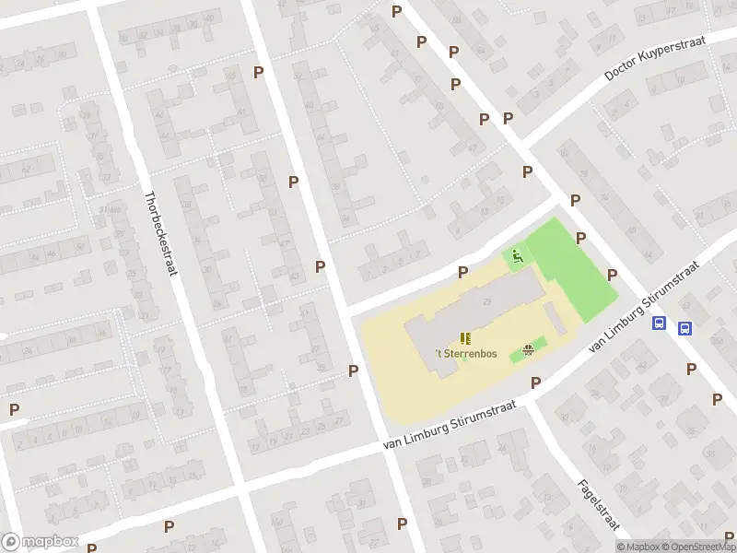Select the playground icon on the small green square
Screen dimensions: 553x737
coord(518,255)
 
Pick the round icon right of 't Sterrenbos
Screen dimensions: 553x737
coord(528,349)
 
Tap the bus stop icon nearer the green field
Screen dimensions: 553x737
coord(660,324)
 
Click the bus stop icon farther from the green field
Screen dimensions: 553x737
coord(685,328)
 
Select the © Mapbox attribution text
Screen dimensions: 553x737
coord(638,547)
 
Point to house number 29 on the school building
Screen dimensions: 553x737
coord(486,303)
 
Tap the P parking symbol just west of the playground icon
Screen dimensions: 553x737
coord(462,272)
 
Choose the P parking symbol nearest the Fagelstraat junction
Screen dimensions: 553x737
coord(535,382)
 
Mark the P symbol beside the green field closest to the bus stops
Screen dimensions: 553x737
coord(612,275)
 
